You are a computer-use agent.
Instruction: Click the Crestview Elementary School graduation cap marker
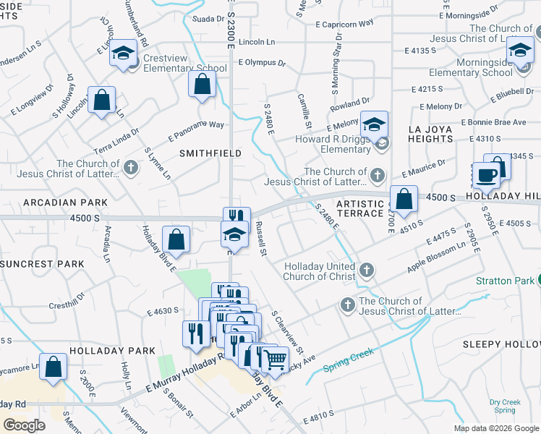pos(124,54)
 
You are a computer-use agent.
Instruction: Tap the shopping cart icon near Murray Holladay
pos(274,359)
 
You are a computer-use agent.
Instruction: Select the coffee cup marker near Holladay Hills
pos(486,174)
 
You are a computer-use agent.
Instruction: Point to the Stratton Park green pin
pos(540,281)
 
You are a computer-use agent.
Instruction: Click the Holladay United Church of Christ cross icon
pos(367,271)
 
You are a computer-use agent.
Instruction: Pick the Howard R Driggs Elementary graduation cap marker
pos(374,124)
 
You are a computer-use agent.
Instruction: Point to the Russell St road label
pos(261,242)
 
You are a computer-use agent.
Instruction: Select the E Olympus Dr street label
pos(262,63)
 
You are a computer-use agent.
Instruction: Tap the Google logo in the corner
pos(25,425)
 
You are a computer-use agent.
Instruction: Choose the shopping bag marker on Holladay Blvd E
pos(176,239)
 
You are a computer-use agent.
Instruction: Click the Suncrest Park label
pos(43,264)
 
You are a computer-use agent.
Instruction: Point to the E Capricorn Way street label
pos(345,23)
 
